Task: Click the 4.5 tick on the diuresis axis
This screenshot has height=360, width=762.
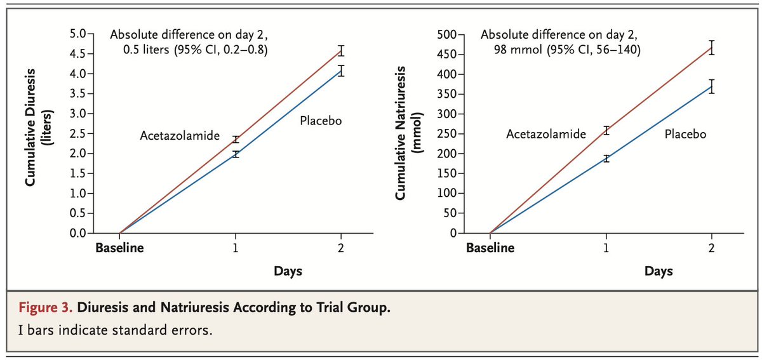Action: (77, 54)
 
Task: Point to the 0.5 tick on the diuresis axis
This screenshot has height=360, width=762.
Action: (77, 213)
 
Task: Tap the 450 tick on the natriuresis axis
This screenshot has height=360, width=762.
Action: (447, 55)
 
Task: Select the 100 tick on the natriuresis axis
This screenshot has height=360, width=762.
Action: (447, 193)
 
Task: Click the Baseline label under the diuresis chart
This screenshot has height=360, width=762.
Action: (119, 248)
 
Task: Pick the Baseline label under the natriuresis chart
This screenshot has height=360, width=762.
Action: (490, 248)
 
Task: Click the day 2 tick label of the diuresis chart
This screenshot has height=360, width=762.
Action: (341, 248)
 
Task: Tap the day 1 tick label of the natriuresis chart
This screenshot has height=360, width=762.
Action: (606, 248)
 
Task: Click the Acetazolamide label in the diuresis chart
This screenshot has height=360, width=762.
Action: (180, 136)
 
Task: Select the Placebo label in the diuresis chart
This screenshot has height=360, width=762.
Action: (321, 121)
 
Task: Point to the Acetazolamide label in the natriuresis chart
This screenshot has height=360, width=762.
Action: (546, 134)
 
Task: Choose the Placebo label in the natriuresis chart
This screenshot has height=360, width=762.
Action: (685, 134)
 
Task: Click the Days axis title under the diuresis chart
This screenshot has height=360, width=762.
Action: (288, 271)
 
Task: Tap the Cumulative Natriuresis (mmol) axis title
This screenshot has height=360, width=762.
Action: (408, 133)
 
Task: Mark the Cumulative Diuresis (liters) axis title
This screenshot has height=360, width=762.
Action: (39, 128)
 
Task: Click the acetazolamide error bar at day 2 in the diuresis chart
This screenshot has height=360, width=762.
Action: (341, 51)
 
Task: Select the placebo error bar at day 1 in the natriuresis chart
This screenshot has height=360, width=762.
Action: (606, 159)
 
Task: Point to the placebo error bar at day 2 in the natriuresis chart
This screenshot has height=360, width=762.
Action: (711, 86)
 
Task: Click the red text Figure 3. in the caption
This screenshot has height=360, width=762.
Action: (45, 307)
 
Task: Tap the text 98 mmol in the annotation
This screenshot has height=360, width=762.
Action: (518, 50)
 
